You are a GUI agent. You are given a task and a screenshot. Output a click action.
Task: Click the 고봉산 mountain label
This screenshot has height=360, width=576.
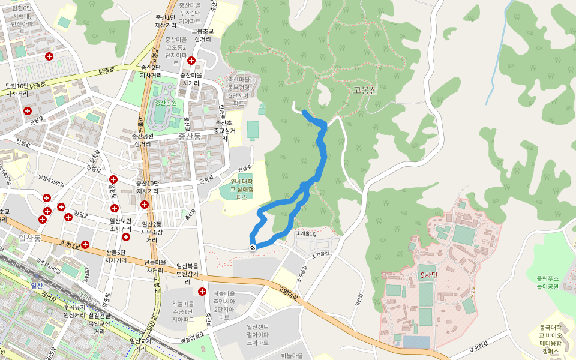(x=365, y=91)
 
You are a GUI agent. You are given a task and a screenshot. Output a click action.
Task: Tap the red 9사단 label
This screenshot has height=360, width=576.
(x=429, y=275)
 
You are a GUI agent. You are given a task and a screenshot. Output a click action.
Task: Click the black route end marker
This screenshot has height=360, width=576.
(x=253, y=247)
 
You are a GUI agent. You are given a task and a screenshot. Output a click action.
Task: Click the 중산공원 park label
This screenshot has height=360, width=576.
(x=166, y=103)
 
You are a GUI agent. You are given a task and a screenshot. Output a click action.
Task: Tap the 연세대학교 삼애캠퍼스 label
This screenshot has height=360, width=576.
(x=242, y=189)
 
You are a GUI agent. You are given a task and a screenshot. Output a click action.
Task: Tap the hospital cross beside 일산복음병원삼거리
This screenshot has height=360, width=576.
(x=202, y=291)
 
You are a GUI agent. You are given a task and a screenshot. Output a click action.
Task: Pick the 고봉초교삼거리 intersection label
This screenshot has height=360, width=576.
(x=203, y=35)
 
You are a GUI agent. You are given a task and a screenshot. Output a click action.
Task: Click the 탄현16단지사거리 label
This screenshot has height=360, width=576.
(x=17, y=90)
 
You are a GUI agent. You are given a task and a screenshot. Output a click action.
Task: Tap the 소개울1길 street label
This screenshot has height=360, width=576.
(x=305, y=233)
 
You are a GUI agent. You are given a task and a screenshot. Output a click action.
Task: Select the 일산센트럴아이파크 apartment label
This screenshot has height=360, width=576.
(x=257, y=334)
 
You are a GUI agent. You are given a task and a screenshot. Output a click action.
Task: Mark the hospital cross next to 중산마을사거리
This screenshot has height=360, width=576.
(x=191, y=61)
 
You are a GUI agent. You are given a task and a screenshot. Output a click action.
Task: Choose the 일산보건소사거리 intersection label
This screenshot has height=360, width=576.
(x=121, y=224)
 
